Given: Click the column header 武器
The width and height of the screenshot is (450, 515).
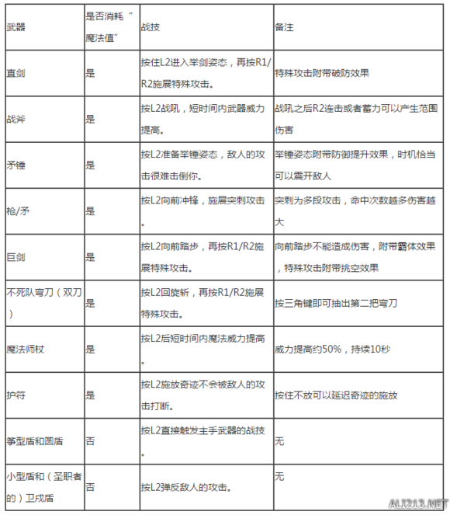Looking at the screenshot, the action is [15, 26].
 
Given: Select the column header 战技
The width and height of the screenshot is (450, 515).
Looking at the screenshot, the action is [147, 26].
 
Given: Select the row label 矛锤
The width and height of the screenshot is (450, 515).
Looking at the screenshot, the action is [15, 165].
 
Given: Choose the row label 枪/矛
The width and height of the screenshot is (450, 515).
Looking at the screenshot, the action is [17, 210].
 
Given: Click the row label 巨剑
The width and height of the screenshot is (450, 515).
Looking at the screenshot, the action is [15, 256].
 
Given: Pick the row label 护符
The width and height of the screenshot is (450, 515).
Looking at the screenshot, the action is [15, 394].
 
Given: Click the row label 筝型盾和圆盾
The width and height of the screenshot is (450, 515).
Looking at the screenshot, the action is [34, 440].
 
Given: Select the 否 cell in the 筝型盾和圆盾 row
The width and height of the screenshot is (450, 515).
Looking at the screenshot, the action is [90, 440].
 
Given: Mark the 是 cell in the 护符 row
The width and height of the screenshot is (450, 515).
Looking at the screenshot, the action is [90, 394].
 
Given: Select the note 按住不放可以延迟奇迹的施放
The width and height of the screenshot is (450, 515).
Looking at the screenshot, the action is [336, 394].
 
